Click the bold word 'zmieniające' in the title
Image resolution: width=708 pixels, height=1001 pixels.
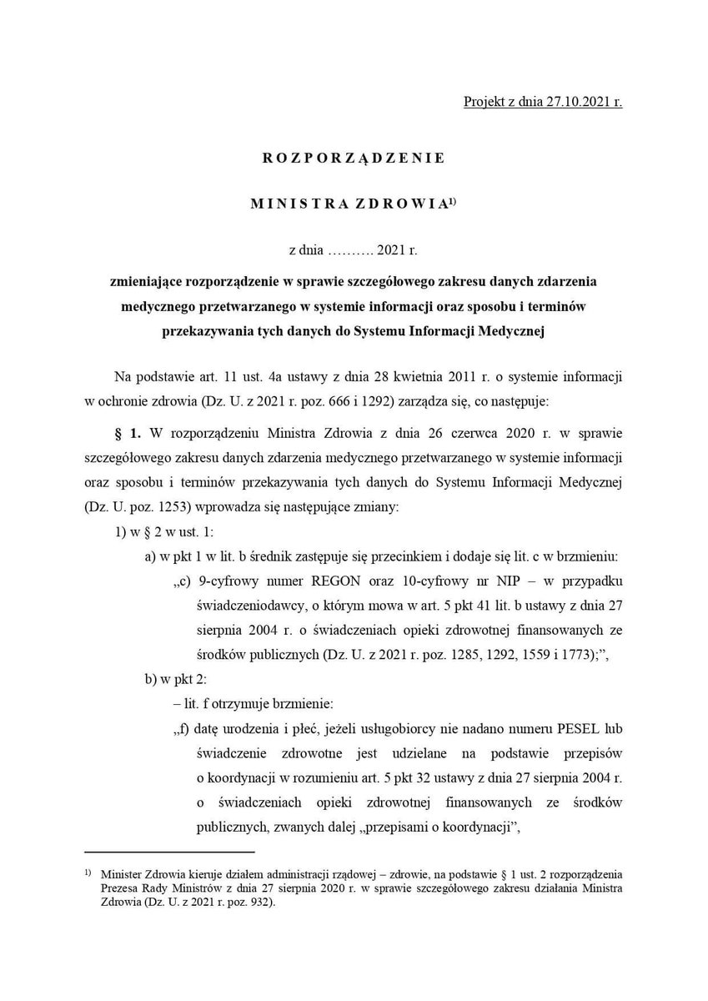tap(148, 284)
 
